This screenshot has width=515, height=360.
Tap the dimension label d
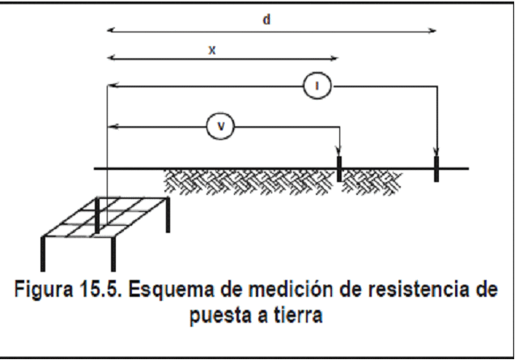(x=266, y=19)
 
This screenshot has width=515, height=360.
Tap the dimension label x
(x=212, y=50)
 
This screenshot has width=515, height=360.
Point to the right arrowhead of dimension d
(x=432, y=31)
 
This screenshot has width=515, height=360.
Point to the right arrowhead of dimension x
(x=334, y=58)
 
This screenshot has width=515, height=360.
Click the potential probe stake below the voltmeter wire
(x=339, y=169)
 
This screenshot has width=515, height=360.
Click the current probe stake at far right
(x=436, y=169)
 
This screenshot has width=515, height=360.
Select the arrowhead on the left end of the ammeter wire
(x=112, y=86)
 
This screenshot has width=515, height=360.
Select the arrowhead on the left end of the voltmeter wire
(x=112, y=126)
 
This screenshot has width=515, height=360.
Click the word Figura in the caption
(x=44, y=290)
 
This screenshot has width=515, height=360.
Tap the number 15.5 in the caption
(x=100, y=289)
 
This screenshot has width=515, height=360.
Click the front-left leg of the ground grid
(x=43, y=254)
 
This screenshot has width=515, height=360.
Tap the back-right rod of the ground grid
(x=168, y=214)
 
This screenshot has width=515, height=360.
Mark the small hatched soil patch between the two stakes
(x=371, y=183)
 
